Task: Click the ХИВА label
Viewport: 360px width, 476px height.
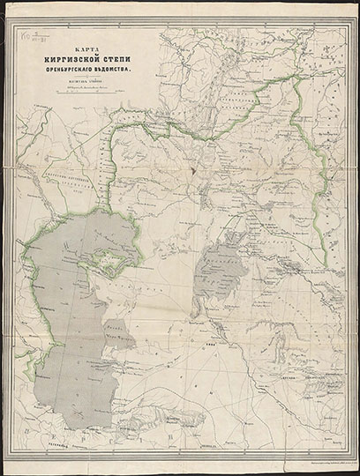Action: pos(211,344)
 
